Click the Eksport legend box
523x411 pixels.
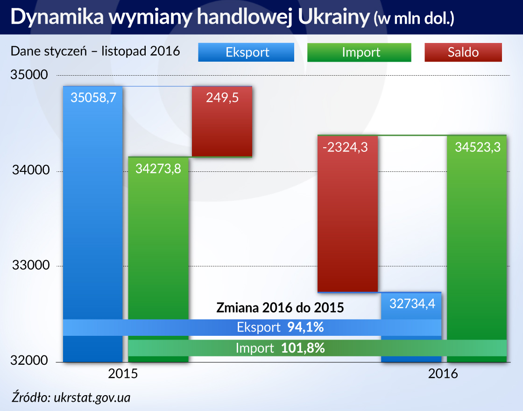[x=246, y=52]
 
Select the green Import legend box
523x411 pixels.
[x=359, y=52]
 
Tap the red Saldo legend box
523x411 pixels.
[x=463, y=52]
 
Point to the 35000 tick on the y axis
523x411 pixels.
[x=29, y=75]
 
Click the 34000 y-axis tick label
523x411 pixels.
[x=29, y=171]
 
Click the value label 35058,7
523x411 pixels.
[x=93, y=98]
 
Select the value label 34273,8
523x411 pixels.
[x=158, y=169]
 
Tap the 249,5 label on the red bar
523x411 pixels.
[x=222, y=98]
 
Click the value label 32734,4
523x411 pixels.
[x=412, y=304]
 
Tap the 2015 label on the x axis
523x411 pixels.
[x=123, y=374]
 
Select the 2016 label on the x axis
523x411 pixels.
[x=443, y=374]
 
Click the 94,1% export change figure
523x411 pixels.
[x=305, y=327]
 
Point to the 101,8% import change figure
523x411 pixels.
[x=303, y=348]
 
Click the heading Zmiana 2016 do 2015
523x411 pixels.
[x=280, y=308]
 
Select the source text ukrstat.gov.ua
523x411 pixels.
[x=92, y=398]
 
